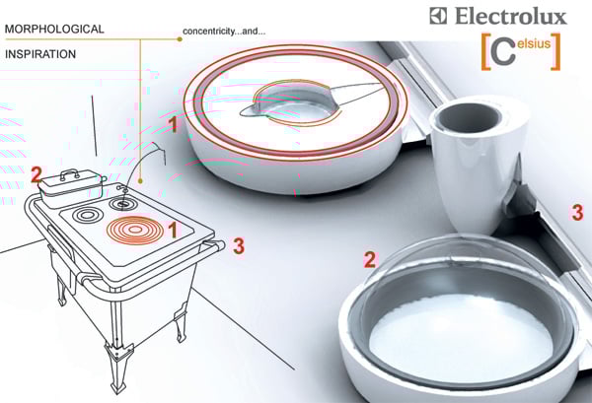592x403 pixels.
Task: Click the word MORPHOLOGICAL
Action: click(54, 29)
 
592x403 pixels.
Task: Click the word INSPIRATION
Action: click(40, 54)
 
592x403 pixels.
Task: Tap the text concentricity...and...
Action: click(224, 32)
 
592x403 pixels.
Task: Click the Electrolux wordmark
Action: click(510, 16)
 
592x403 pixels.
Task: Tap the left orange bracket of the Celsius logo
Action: click(485, 51)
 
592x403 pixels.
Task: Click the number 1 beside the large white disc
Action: click(173, 124)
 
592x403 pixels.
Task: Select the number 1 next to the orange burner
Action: click(172, 230)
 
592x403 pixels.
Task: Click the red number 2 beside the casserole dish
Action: click(37, 175)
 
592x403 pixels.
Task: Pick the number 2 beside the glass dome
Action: click(370, 260)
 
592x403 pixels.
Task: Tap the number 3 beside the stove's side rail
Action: click(239, 245)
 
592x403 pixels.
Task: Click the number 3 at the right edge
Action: click(577, 212)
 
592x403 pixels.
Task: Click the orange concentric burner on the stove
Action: click(135, 230)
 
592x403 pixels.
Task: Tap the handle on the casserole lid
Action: click(69, 173)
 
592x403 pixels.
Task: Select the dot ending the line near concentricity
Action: click(180, 38)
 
